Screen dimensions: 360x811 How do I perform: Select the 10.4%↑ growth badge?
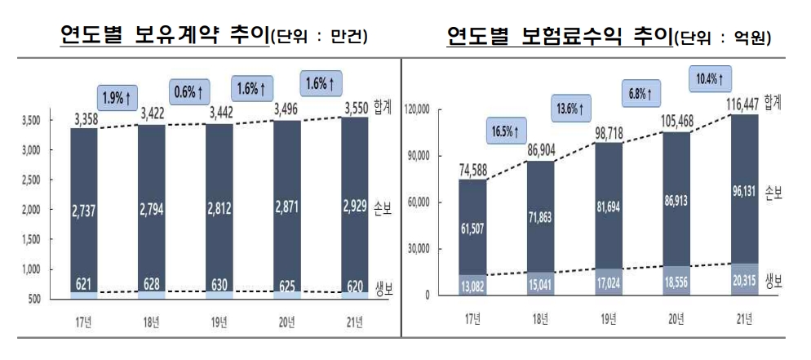[x=710, y=79]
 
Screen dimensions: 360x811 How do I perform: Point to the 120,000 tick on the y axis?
[x=423, y=109]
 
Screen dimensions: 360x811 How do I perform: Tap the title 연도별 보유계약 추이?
[x=165, y=35]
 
